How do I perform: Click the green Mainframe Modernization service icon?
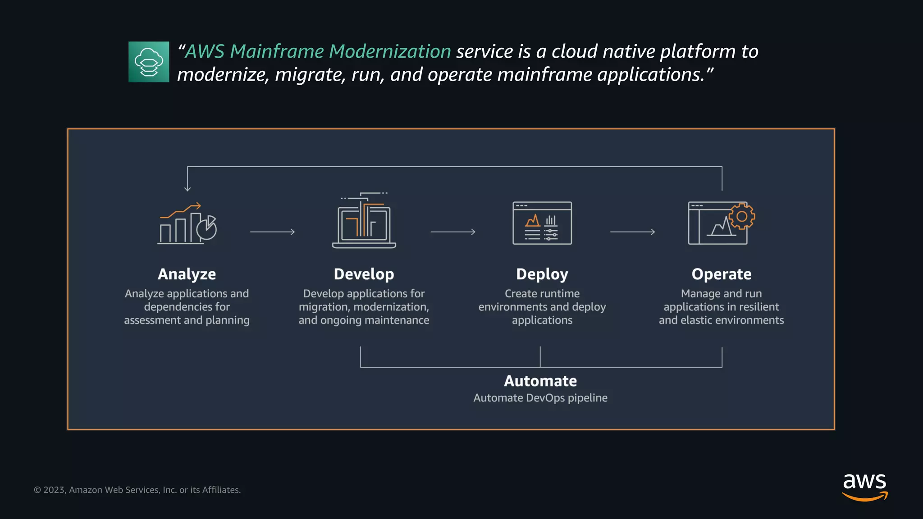click(x=149, y=62)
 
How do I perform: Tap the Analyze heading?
click(x=187, y=274)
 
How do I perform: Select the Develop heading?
click(x=364, y=274)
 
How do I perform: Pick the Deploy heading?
click(x=542, y=274)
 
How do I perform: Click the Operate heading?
click(x=721, y=274)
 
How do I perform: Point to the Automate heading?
click(x=540, y=381)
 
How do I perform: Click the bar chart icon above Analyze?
click(x=187, y=224)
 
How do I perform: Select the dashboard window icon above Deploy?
click(x=542, y=223)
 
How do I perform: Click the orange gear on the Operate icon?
click(x=742, y=216)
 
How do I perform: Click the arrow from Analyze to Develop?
click(x=272, y=232)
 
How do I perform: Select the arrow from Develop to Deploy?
click(x=453, y=232)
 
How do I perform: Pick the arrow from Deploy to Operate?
click(x=632, y=232)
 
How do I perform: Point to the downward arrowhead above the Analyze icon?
click(x=187, y=189)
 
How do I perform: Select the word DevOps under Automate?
click(x=545, y=398)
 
